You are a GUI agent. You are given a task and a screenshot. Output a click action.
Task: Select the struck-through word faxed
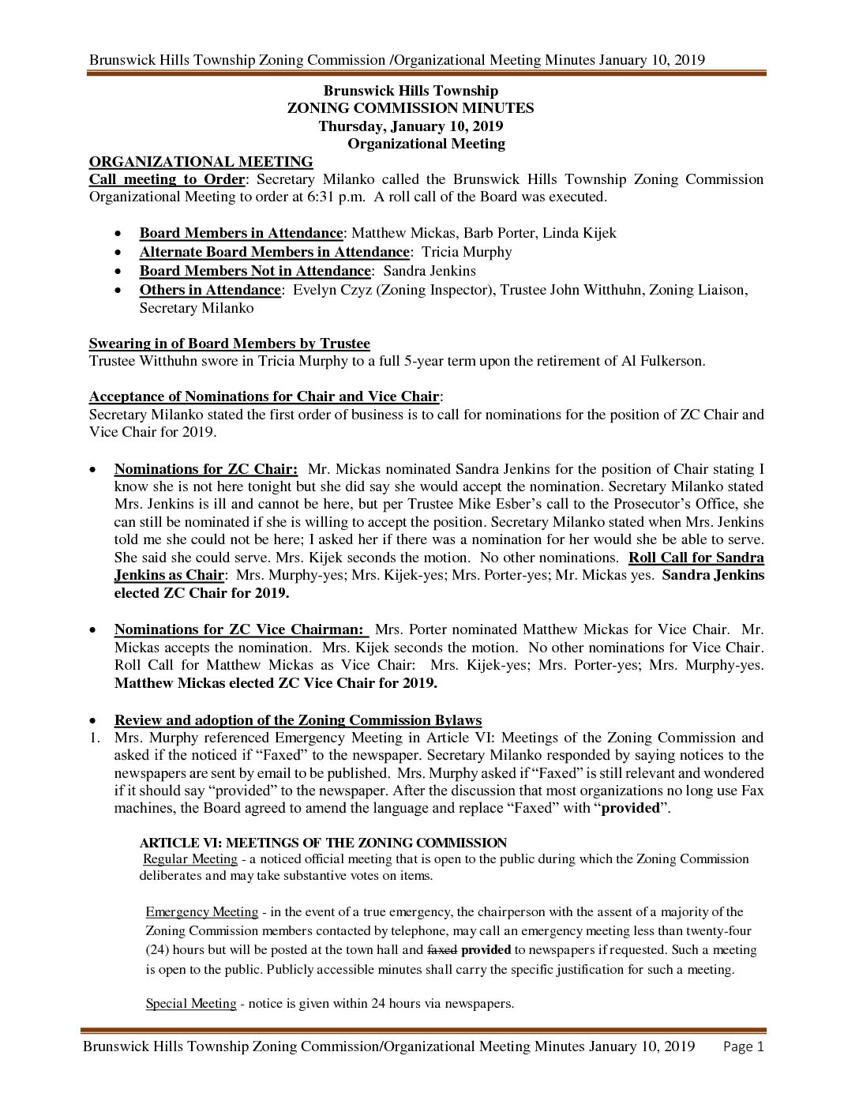click(442, 950)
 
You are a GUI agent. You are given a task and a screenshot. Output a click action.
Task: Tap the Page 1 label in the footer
click(744, 1047)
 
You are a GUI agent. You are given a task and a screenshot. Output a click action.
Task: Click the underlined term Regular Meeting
click(190, 859)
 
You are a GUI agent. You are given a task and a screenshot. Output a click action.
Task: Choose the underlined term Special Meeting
click(191, 1004)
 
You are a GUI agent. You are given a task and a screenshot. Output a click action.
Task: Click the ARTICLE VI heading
click(323, 843)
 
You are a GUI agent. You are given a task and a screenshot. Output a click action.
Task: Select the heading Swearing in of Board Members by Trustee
click(229, 344)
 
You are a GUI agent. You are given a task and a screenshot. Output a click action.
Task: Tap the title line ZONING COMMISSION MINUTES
click(411, 108)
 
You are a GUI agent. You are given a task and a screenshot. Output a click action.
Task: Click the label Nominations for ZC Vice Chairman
click(242, 629)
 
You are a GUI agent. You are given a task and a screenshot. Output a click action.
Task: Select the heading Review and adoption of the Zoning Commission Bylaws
click(298, 720)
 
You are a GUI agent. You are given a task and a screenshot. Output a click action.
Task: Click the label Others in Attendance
click(210, 290)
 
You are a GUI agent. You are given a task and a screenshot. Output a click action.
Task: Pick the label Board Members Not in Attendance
click(255, 271)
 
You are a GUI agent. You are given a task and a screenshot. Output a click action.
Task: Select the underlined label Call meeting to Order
click(167, 179)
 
